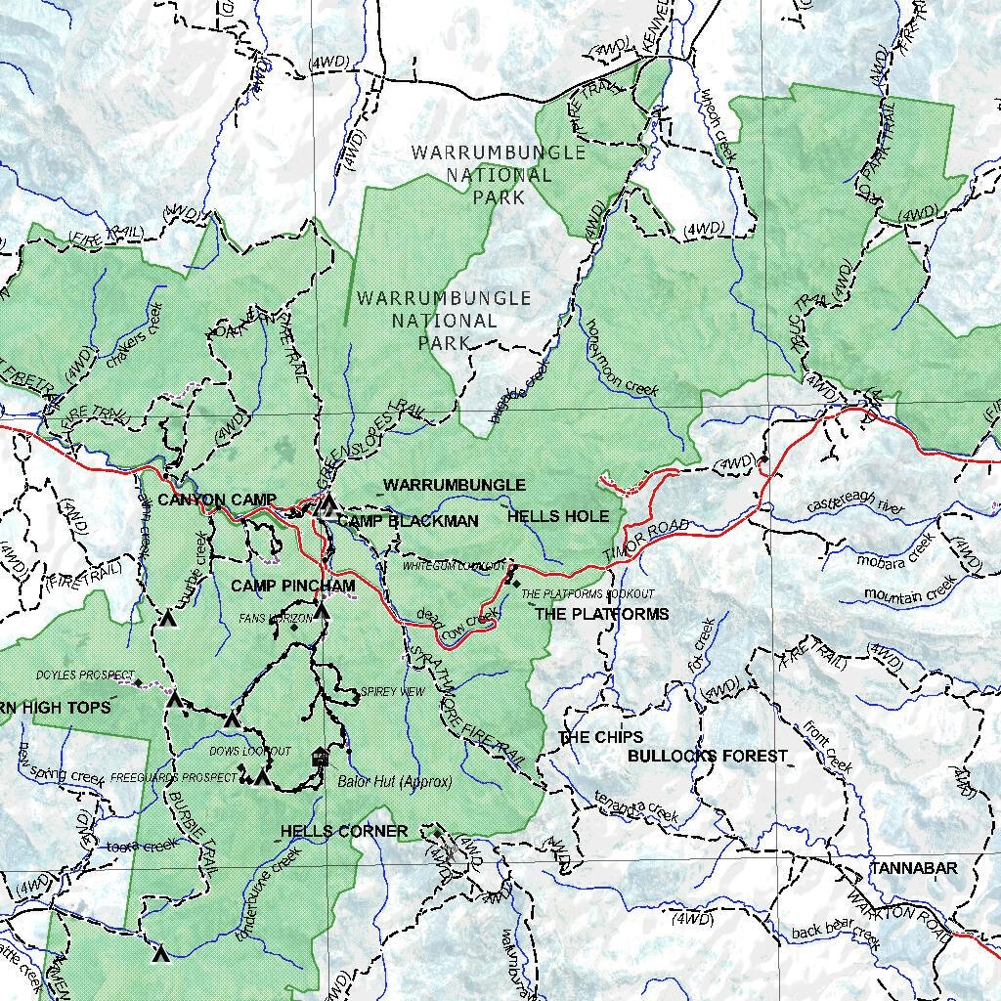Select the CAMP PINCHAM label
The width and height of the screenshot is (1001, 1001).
[292, 586]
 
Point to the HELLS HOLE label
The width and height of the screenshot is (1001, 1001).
[558, 516]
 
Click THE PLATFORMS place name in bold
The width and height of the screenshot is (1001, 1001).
[602, 614]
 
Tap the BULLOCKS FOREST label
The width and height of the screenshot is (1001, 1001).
[707, 756]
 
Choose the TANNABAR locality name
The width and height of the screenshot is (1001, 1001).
[914, 867]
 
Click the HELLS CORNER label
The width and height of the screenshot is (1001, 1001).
[344, 831]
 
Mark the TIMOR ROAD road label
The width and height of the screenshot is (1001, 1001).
[646, 541]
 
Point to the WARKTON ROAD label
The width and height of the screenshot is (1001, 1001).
[898, 915]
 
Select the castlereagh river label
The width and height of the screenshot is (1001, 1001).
[856, 505]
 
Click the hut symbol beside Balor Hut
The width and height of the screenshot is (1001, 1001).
[319, 758]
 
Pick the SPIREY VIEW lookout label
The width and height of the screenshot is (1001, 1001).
[393, 691]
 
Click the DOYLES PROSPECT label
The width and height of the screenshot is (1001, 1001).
[84, 675]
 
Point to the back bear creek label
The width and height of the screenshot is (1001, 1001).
[836, 936]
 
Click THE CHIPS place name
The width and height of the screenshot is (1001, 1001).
[600, 737]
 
